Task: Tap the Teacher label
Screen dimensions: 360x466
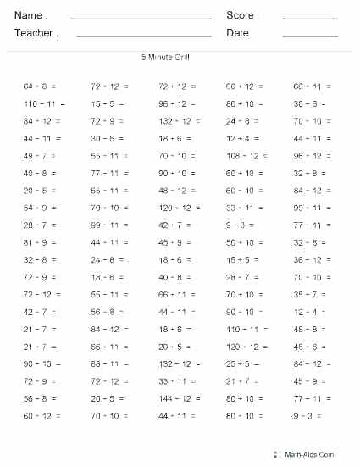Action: click(33, 33)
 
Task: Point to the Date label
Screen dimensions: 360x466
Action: click(237, 33)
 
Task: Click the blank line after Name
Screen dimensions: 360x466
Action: click(141, 18)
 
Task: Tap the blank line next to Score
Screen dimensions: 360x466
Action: click(310, 18)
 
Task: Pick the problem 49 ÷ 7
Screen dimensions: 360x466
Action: click(36, 156)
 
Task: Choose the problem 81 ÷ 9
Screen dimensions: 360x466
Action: click(36, 242)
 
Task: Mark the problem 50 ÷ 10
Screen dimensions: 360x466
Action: click(241, 242)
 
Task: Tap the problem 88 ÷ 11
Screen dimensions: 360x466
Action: click(105, 363)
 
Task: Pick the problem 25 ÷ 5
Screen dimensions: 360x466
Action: click(238, 363)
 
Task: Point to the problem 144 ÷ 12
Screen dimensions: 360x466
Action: click(174, 398)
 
